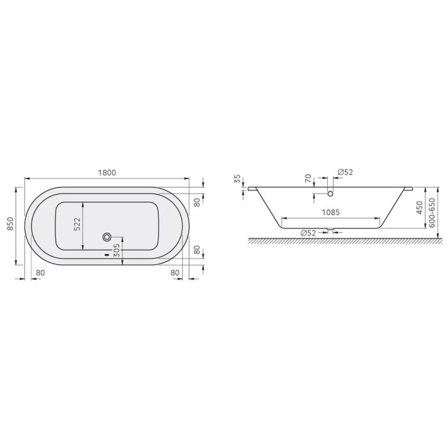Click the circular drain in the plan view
pos(106,236)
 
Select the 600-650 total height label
pos(433,209)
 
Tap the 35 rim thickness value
pos(237,179)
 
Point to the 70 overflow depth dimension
pos(307,178)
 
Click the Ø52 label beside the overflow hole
pos(346,172)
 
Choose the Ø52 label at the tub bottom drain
pos(308,232)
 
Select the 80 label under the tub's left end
pos(40,273)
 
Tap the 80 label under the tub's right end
pos(175,273)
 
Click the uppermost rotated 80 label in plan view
pos(198,202)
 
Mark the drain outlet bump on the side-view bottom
pos(330,229)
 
